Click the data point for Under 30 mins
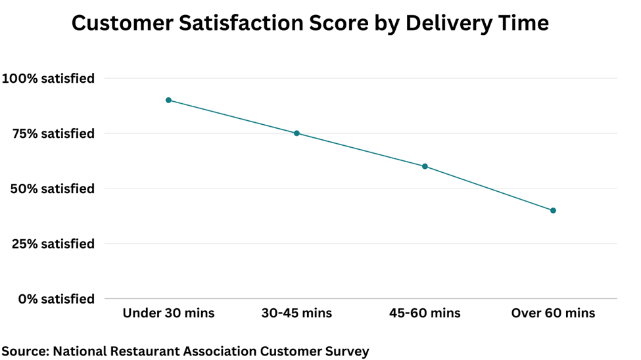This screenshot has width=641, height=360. (x=168, y=100)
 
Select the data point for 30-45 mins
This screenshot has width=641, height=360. (x=297, y=133)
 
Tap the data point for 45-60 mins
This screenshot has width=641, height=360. (x=425, y=166)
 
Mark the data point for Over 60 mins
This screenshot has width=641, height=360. (x=553, y=211)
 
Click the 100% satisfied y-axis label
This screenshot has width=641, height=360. (x=49, y=78)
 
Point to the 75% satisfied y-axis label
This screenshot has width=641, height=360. (x=53, y=133)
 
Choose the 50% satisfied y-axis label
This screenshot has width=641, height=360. (x=53, y=189)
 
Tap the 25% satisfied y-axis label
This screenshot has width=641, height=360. (x=53, y=244)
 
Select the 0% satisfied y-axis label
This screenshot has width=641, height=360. (x=57, y=299)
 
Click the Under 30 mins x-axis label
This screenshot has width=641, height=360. (x=168, y=313)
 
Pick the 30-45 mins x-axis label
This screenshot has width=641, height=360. (x=297, y=313)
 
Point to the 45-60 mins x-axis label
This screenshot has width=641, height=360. (x=425, y=313)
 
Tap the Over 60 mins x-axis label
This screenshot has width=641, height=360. (x=553, y=313)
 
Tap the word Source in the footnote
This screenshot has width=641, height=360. (x=24, y=351)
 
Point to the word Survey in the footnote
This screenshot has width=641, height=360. (x=346, y=351)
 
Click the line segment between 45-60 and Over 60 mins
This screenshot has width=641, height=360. (x=488, y=189)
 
